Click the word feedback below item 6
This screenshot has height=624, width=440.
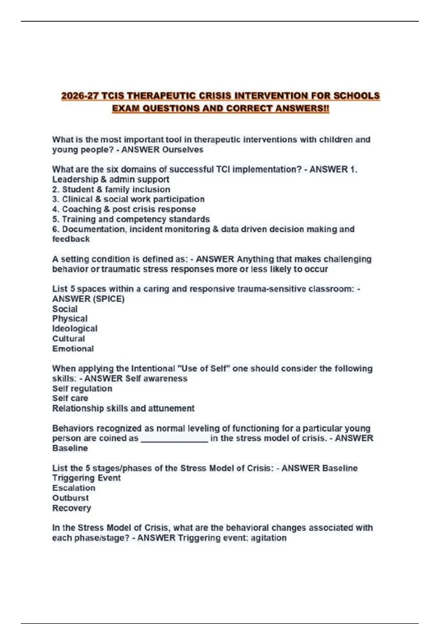pyautogui.click(x=71, y=239)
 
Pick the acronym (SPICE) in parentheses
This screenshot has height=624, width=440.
pyautogui.click(x=109, y=299)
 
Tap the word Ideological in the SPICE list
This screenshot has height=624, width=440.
pyautogui.click(x=75, y=329)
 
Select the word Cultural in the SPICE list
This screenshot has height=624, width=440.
pyautogui.click(x=69, y=339)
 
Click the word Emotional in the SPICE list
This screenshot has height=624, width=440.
pyautogui.click(x=73, y=349)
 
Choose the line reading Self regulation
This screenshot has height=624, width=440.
pyautogui.click(x=82, y=389)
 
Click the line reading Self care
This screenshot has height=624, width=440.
pyautogui.click(x=70, y=399)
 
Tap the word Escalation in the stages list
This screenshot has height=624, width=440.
pyautogui.click(x=74, y=488)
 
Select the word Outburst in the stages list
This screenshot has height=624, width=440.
pyautogui.click(x=70, y=498)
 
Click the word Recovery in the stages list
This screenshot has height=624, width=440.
pyautogui.click(x=71, y=508)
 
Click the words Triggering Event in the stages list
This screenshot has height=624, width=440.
pyautogui.click(x=86, y=478)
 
